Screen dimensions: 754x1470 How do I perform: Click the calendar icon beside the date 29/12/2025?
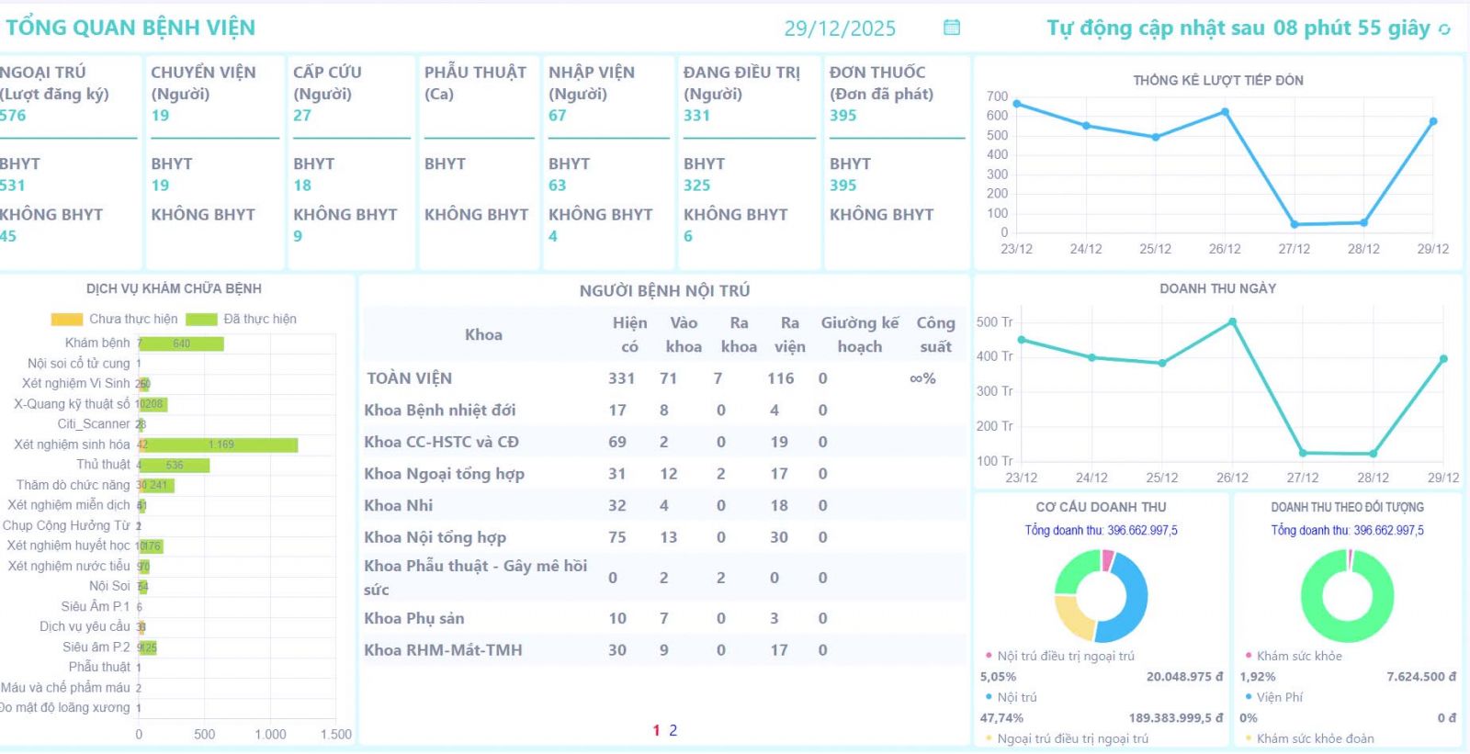coord(952,28)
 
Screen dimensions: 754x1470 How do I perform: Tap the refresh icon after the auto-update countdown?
coord(1444,29)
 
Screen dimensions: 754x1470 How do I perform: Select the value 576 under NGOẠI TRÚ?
coord(13,116)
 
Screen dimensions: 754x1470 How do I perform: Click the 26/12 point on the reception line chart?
coord(1225,112)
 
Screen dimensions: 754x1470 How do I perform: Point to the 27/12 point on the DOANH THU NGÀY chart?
coord(1303,453)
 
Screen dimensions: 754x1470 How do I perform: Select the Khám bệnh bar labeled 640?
coord(182,343)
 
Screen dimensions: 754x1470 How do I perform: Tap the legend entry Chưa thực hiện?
coord(115,319)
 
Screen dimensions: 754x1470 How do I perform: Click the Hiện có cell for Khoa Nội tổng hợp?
coord(617,537)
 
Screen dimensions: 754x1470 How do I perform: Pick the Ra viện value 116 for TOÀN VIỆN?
coord(780,378)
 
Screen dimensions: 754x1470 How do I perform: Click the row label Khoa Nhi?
coord(398,506)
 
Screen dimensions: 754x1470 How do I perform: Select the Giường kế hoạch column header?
coord(859,334)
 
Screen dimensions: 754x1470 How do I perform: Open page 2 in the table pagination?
coord(673,730)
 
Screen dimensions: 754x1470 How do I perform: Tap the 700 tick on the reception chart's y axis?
coord(997,96)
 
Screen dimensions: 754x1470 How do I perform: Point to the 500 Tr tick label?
coord(994,322)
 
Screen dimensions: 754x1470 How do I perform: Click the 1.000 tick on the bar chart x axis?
coord(270,735)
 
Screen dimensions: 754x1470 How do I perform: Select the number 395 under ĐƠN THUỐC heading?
coord(842,116)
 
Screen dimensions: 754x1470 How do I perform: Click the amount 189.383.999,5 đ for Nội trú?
coord(1175,718)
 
